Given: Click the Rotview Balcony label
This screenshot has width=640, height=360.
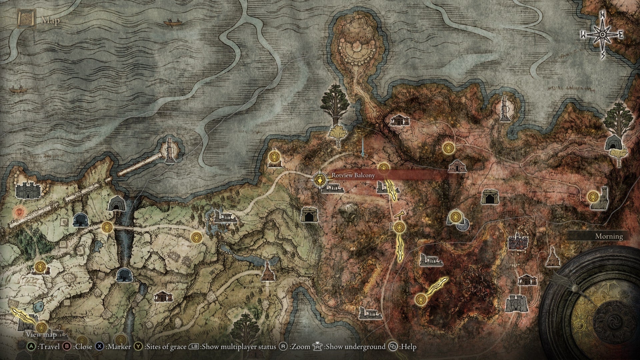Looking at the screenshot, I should tap(353, 175).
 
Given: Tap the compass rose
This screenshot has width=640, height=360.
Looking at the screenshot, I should tap(603, 35).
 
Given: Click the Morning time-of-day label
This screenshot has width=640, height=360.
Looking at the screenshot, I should tap(609, 236).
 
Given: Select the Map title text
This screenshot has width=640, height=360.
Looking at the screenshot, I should tap(51, 21).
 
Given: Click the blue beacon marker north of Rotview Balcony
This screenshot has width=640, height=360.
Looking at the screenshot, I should tap(363, 154).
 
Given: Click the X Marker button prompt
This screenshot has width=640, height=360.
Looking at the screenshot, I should tap(114, 347).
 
